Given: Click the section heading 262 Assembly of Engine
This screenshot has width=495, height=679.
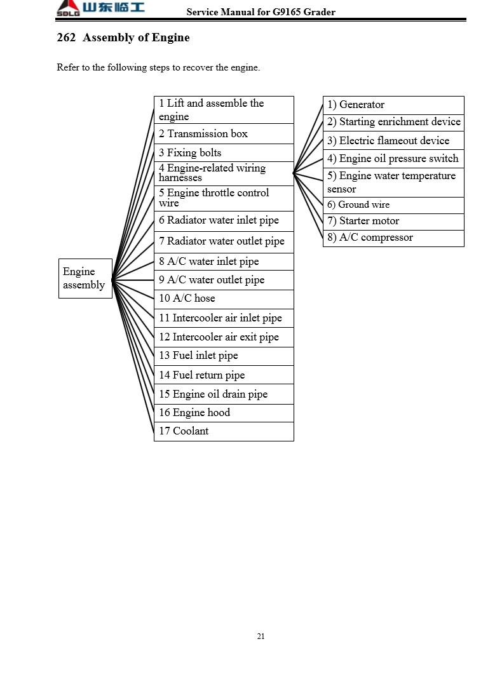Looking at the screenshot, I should click(x=123, y=37).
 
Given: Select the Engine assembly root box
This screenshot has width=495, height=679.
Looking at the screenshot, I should click(x=85, y=278).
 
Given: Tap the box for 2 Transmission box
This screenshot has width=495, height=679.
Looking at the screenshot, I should click(x=224, y=134).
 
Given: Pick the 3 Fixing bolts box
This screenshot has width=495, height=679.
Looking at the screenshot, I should click(x=224, y=153).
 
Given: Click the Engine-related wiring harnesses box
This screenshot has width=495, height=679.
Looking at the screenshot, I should click(x=224, y=173).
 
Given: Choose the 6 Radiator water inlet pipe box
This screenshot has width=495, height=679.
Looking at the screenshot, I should click(x=224, y=221).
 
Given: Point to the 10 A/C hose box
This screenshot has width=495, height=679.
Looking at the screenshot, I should click(x=224, y=299).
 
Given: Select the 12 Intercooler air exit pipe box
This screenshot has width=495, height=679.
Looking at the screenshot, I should click(x=224, y=337).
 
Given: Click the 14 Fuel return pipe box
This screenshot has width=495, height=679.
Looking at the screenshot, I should click(x=224, y=375).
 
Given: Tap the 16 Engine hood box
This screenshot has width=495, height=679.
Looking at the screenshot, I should click(x=224, y=413).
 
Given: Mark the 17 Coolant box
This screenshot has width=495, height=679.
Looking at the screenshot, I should click(x=224, y=431).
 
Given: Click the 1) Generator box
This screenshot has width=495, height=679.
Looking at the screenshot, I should click(x=393, y=105).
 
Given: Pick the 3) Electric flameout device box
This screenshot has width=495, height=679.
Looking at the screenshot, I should click(x=393, y=141).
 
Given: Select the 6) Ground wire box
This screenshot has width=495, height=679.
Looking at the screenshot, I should click(x=393, y=205).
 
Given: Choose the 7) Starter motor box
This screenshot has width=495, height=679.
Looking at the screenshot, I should click(x=393, y=222).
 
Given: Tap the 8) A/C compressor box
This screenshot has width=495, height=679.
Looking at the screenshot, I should click(x=393, y=238).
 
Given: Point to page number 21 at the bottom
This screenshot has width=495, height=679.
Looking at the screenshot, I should click(x=261, y=636).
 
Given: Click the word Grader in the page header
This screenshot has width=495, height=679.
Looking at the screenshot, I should click(x=320, y=12).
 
